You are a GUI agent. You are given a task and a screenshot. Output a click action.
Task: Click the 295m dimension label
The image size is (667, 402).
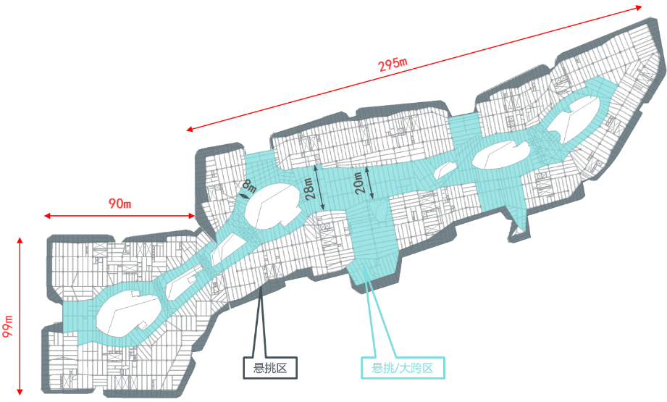click(x=393, y=64)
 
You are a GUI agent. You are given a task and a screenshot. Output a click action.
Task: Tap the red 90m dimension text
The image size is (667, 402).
click(x=120, y=204)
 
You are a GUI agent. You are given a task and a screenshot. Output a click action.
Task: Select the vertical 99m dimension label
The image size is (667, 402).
click(x=8, y=327)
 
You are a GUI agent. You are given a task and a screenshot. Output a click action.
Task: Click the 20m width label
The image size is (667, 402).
click(x=358, y=183)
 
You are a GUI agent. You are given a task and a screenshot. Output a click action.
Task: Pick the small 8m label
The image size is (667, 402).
click(x=248, y=187)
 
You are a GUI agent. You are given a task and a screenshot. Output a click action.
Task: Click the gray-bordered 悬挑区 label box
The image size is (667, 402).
click(x=269, y=368)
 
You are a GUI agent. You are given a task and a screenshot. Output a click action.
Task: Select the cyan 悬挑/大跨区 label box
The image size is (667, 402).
click(x=402, y=368)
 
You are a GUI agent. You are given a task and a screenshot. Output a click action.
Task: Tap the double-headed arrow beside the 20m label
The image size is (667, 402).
click(x=369, y=182)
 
